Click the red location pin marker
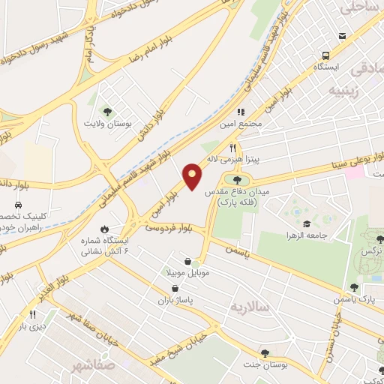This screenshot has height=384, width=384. click(193, 175)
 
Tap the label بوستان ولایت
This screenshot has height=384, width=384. click(107, 123)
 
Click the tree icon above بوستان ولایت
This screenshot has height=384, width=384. click(107, 111)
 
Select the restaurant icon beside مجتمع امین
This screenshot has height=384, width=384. click(241, 111)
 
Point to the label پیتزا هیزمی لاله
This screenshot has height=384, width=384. click(255, 159)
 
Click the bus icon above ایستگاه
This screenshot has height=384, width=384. click(326, 55)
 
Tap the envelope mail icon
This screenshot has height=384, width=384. click(343, 37)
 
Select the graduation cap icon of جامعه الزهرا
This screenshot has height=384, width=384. click(306, 223)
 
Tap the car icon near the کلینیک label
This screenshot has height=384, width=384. click(17, 204)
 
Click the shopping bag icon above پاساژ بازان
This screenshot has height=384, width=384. click(174, 289)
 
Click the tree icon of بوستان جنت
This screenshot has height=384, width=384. click(264, 352)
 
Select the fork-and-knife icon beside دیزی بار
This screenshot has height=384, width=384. click(32, 315)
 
